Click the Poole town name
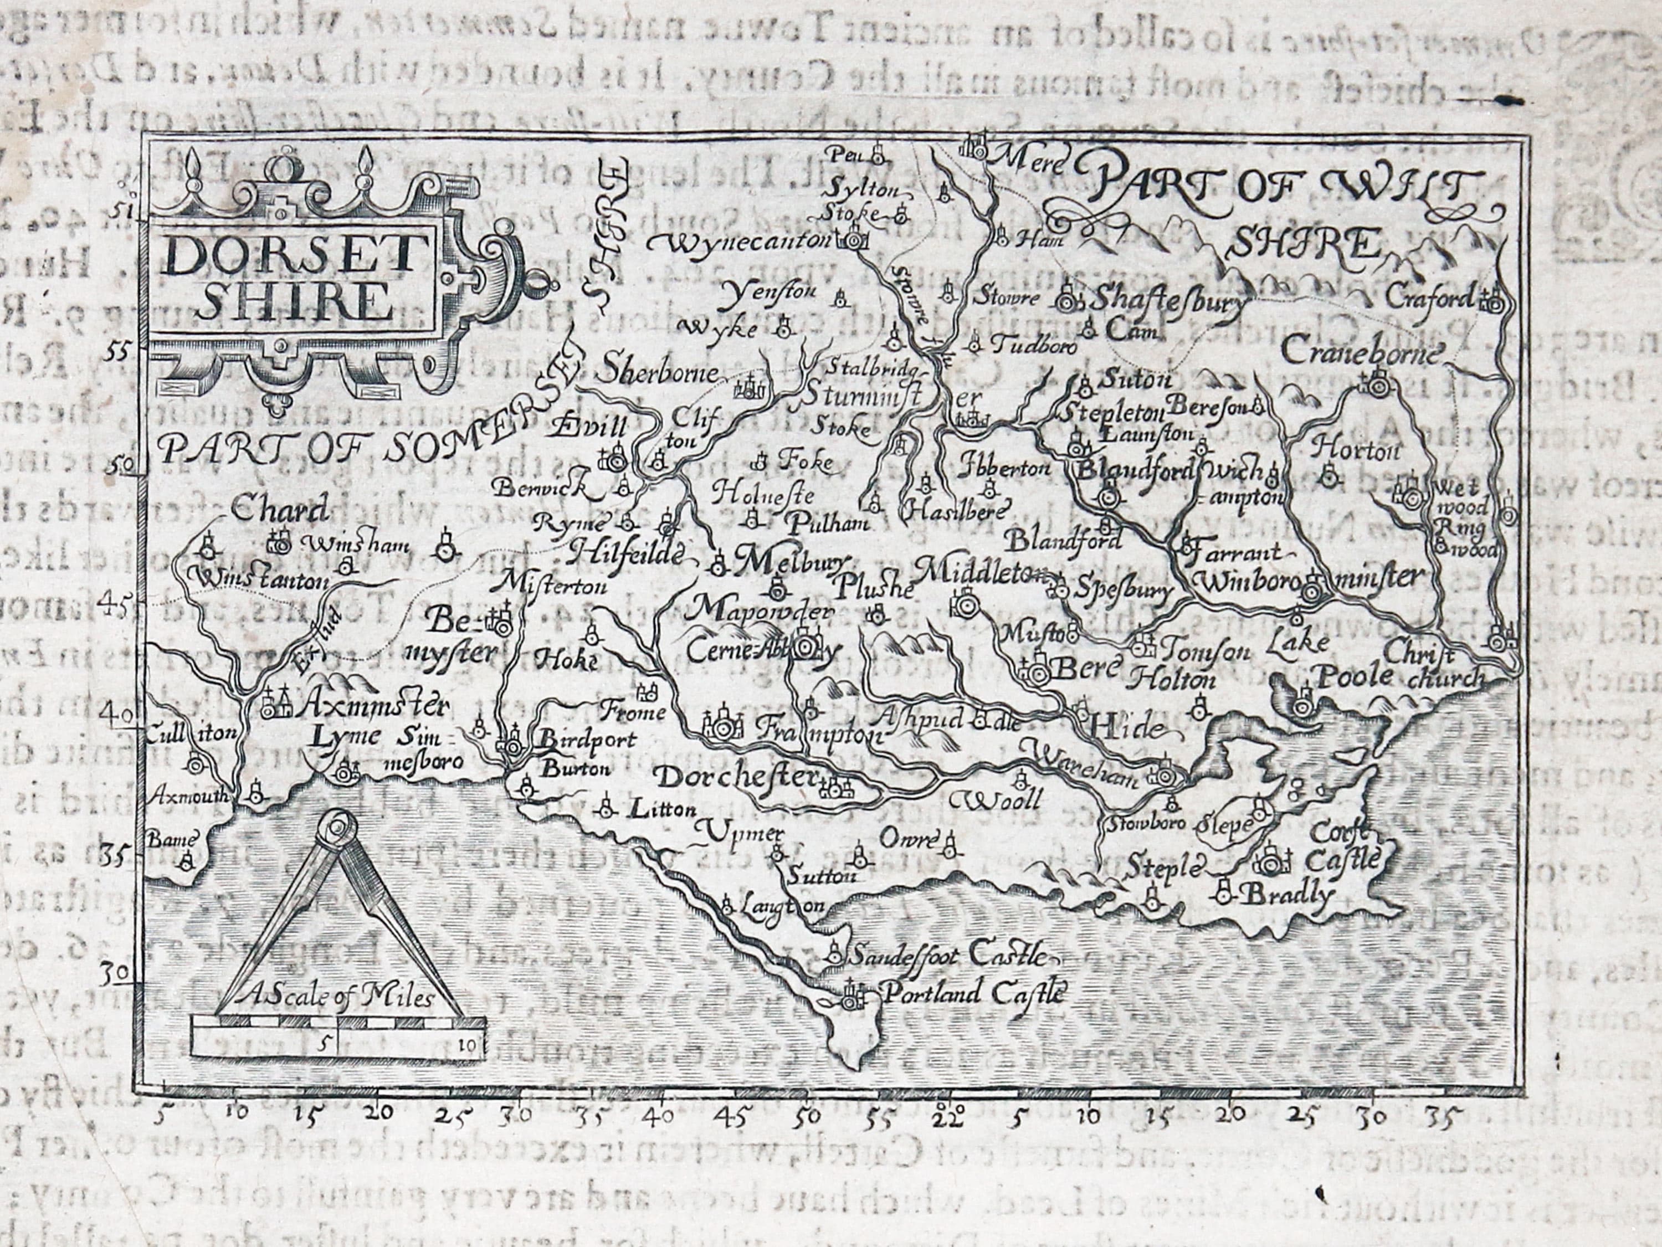click(1352, 676)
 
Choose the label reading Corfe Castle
click(1345, 846)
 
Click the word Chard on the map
click(280, 511)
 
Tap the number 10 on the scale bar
click(470, 1042)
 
